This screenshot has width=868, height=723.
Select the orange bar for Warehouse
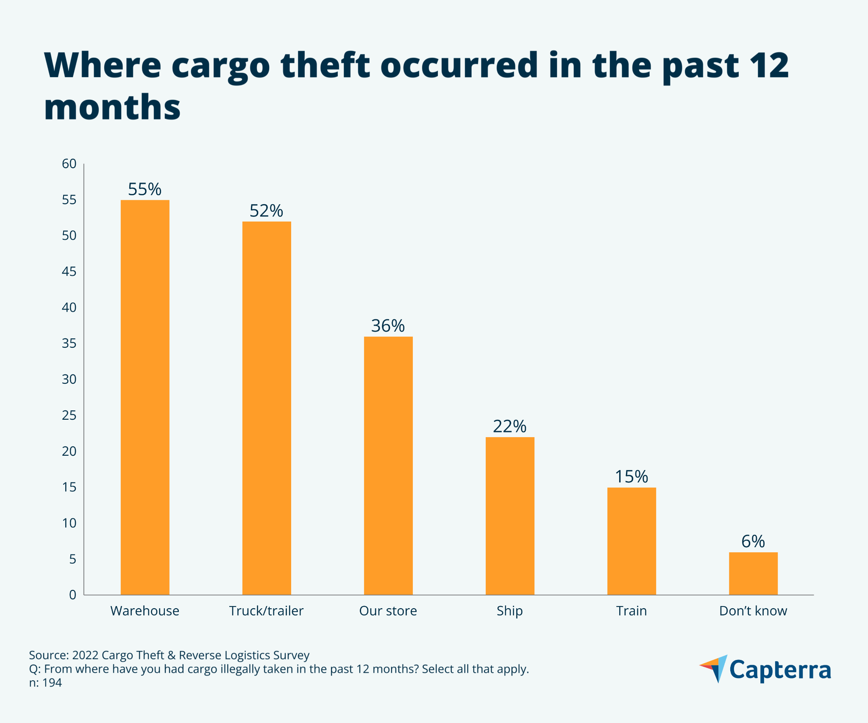point(145,397)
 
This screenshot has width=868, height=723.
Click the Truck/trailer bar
point(267,408)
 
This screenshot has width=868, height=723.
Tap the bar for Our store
point(388,465)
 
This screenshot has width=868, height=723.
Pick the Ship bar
point(510,515)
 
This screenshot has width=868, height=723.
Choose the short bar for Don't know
point(753,573)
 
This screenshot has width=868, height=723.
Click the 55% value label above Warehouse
point(145,189)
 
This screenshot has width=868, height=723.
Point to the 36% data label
point(388,326)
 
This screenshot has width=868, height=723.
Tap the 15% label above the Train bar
point(631,477)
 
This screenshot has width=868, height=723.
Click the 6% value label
point(753,541)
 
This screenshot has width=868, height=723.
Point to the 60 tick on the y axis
point(69,164)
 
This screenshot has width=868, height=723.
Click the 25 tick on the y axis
point(69,416)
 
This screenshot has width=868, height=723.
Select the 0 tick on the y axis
point(72,595)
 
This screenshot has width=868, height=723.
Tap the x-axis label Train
point(631,611)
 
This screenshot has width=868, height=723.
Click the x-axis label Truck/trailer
point(266,611)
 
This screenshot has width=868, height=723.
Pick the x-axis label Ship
point(509,611)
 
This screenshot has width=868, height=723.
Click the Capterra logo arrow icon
point(715,668)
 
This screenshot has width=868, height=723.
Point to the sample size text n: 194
point(45,683)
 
